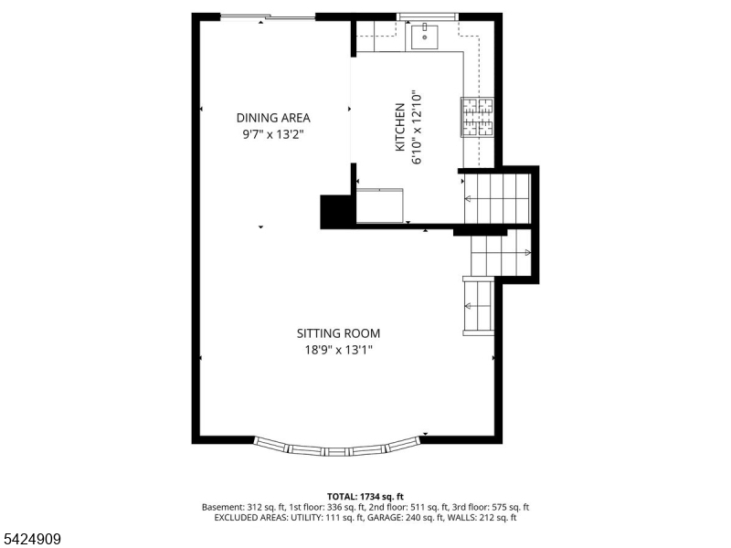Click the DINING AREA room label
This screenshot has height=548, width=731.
pyautogui.click(x=273, y=118)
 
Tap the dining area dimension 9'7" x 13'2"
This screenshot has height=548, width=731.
pyautogui.click(x=273, y=134)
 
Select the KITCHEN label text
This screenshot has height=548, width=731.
pyautogui.click(x=400, y=127)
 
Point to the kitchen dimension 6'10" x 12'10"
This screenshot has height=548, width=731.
pyautogui.click(x=417, y=127)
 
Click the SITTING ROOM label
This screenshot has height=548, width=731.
pyautogui.click(x=338, y=333)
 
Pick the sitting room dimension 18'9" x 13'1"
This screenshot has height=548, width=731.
pyautogui.click(x=339, y=350)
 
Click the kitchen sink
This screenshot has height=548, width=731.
pyautogui.click(x=425, y=37)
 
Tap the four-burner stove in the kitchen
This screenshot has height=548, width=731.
pyautogui.click(x=477, y=117)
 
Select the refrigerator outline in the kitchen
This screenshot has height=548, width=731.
pyautogui.click(x=379, y=205)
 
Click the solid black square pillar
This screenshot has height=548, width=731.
pyautogui.click(x=335, y=212)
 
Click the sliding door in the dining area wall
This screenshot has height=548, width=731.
pyautogui.click(x=268, y=17)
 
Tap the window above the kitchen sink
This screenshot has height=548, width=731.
pyautogui.click(x=428, y=16)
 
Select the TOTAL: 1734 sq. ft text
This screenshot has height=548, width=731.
pyautogui.click(x=365, y=497)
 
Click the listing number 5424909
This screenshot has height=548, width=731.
pyautogui.click(x=30, y=539)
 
